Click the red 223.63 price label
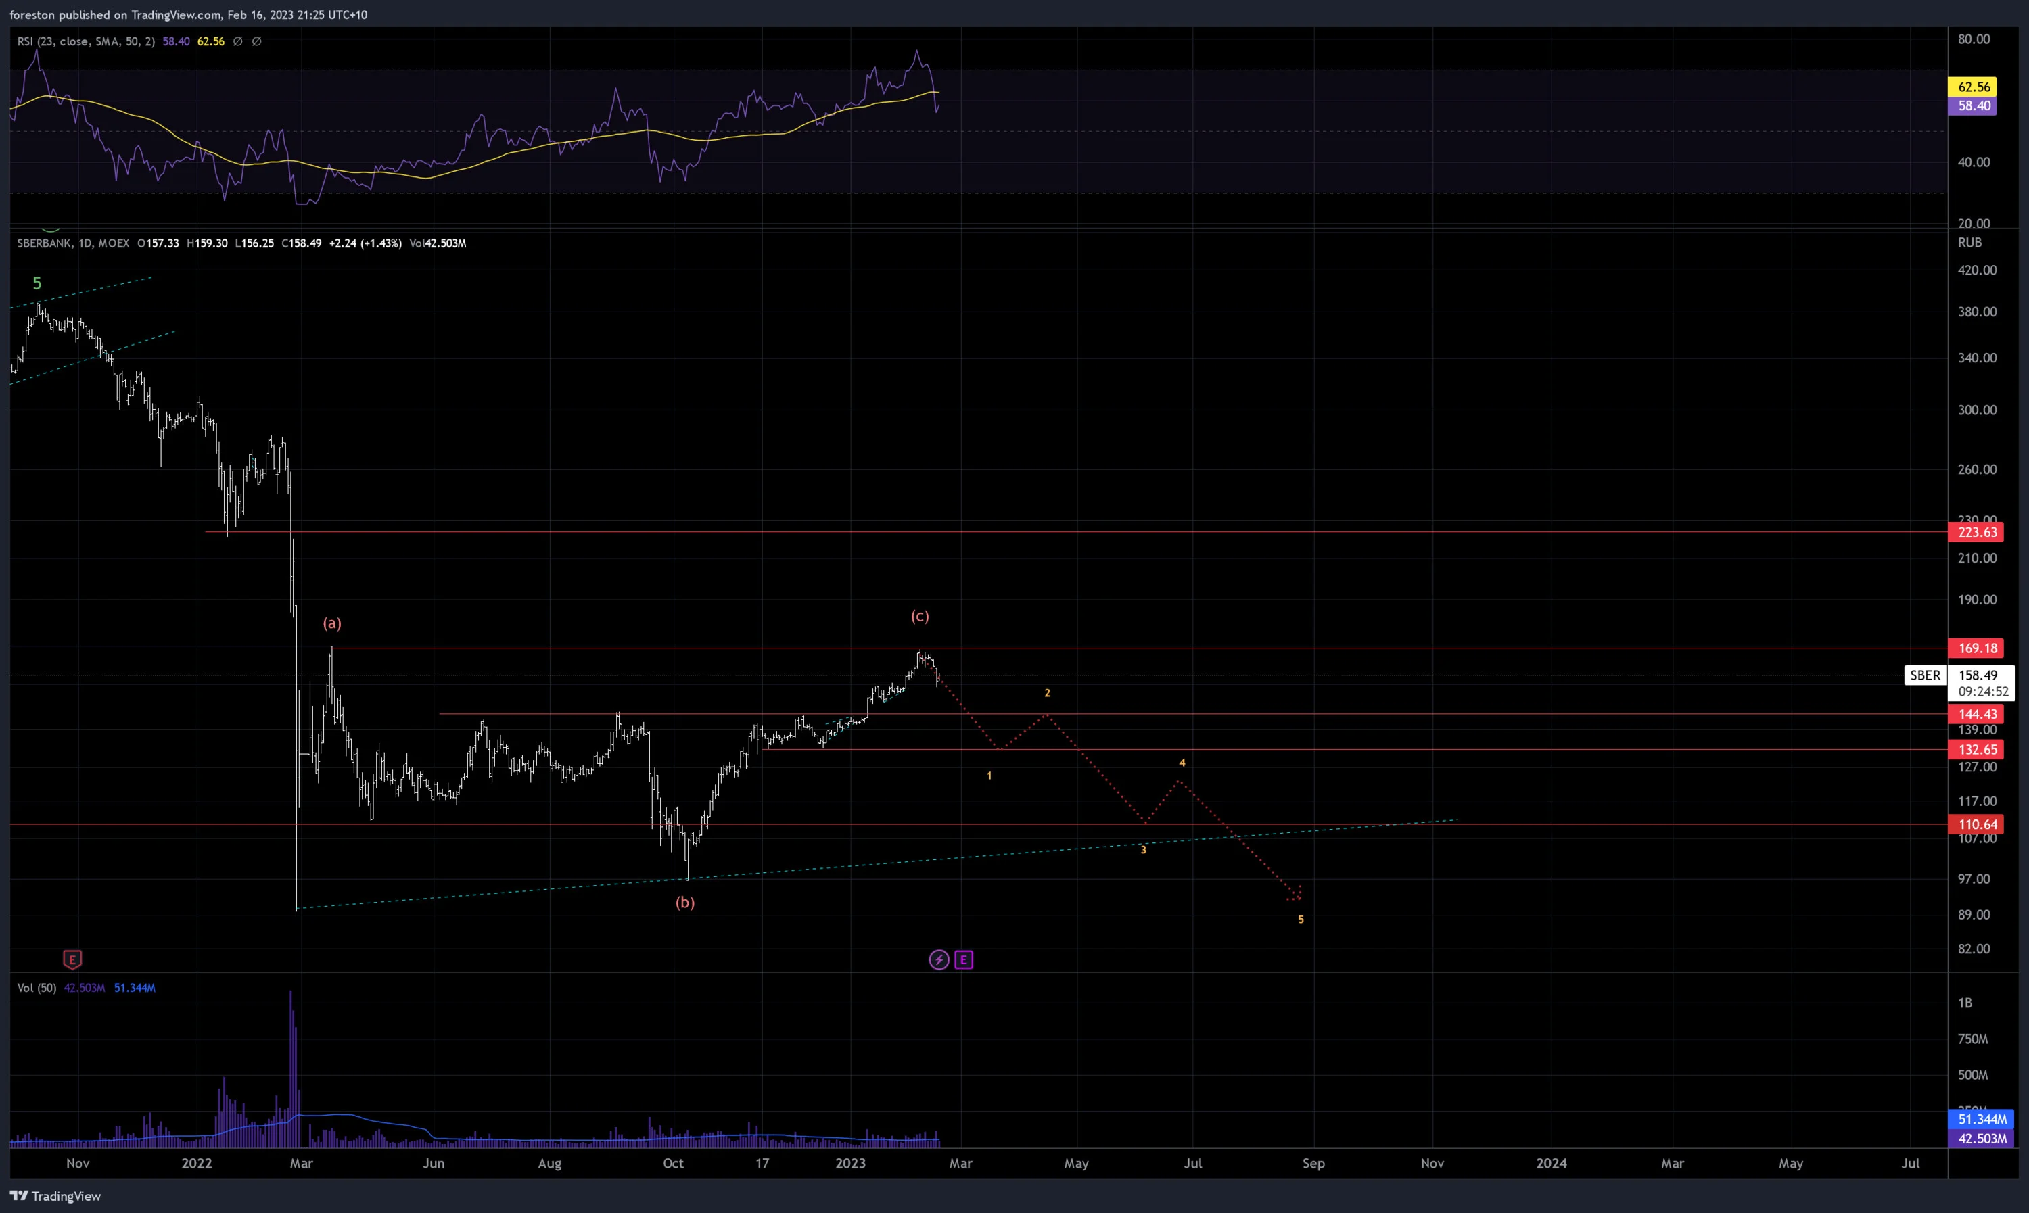(x=1977, y=532)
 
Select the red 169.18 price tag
(x=1977, y=648)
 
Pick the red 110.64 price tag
(x=1977, y=825)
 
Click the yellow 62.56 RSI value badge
(x=1973, y=87)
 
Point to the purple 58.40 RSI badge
(x=1973, y=105)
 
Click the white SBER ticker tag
(x=1925, y=675)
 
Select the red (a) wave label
(x=332, y=623)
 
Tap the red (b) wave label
(x=685, y=903)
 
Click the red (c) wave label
(x=920, y=617)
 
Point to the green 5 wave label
(x=37, y=283)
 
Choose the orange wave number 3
(x=1144, y=850)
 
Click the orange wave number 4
(x=1182, y=763)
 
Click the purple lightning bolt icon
(x=939, y=959)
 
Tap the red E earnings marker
(x=72, y=959)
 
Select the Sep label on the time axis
(x=1313, y=1163)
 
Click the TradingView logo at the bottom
(x=55, y=1196)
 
